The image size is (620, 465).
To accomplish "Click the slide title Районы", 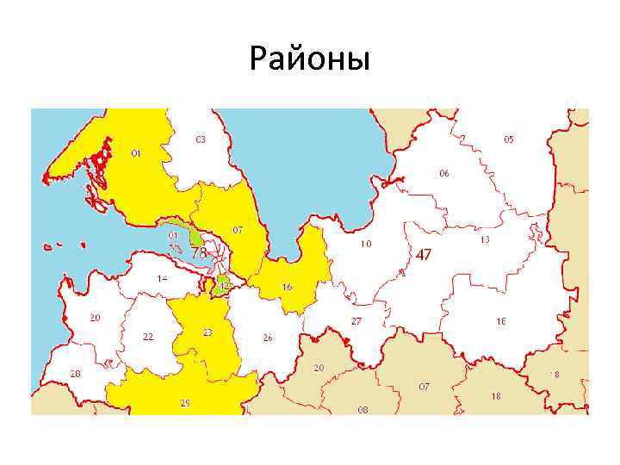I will (309, 59).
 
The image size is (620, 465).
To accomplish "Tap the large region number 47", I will (424, 255).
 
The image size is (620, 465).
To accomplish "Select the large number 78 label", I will (198, 253).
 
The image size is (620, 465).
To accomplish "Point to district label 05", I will (509, 139).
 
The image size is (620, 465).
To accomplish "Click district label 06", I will (443, 173).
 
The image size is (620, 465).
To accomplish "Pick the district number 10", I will (366, 244).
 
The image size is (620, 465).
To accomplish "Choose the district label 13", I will (485, 239).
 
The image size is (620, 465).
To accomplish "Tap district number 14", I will (162, 278).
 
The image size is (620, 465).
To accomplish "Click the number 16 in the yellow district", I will (288, 287).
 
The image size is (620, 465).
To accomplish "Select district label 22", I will (148, 337).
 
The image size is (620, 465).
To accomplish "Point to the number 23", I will (208, 332).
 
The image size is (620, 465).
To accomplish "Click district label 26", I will (268, 338).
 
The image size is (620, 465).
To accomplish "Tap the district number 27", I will (356, 321).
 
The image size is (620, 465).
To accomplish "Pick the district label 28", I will (76, 374).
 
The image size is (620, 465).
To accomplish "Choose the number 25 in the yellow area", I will (185, 403).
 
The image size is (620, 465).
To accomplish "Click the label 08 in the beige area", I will (363, 410).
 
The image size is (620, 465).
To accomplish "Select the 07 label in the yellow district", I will (238, 230).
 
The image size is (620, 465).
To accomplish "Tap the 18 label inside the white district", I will (500, 321).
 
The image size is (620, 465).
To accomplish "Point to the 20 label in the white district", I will (95, 317).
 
